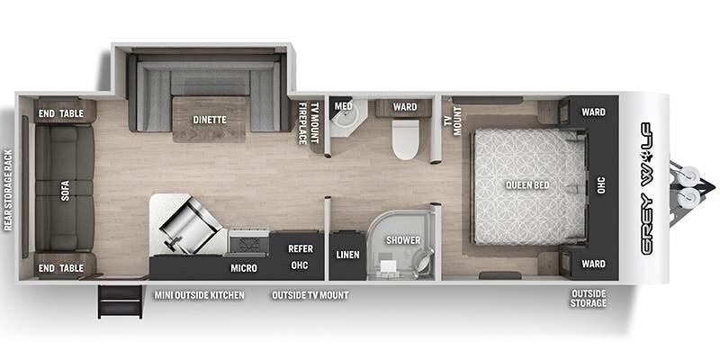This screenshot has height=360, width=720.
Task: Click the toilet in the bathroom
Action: [407, 139]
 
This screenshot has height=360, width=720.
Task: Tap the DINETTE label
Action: [210, 120]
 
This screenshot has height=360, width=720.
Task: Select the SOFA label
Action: [65, 190]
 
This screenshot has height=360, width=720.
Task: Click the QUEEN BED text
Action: [527, 185]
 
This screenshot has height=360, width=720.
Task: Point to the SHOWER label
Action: [403, 240]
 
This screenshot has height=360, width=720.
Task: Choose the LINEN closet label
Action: [347, 255]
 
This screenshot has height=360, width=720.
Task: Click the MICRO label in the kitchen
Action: [244, 268]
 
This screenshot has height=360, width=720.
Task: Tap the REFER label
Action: [301, 249]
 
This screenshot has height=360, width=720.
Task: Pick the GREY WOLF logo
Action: [646, 188]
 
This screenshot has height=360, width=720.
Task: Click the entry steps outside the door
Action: [120, 301]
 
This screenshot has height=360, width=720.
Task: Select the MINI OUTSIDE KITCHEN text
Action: [199, 295]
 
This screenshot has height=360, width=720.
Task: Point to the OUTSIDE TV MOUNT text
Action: [310, 295]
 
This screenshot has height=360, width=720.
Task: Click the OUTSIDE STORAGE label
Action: [589, 298]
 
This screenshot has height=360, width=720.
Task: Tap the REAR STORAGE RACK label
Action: [8, 190]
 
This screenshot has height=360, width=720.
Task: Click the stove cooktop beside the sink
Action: [249, 241]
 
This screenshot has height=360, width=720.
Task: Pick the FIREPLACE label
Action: [302, 123]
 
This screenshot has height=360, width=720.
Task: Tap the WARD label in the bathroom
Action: [405, 107]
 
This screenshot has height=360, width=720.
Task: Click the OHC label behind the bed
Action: [601, 184]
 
